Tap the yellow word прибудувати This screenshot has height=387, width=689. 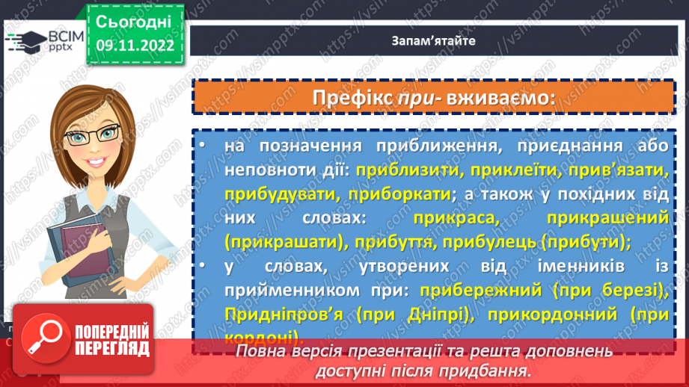coord(272,193)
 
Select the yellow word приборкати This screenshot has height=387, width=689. coord(389,193)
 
